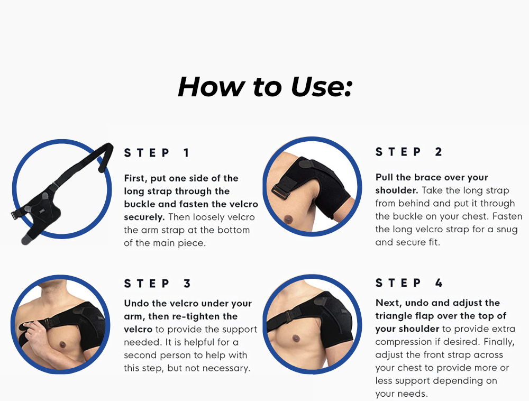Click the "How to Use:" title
click(x=265, y=87)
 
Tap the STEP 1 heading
click(x=157, y=153)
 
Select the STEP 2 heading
click(x=408, y=152)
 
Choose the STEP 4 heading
click(x=409, y=282)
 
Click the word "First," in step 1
click(x=135, y=178)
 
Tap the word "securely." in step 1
click(x=144, y=217)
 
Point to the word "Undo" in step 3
click(x=136, y=303)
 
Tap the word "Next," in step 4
click(x=389, y=303)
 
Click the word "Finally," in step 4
click(x=499, y=342)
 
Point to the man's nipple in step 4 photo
click(x=296, y=338)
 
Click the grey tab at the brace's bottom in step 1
click(x=26, y=240)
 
